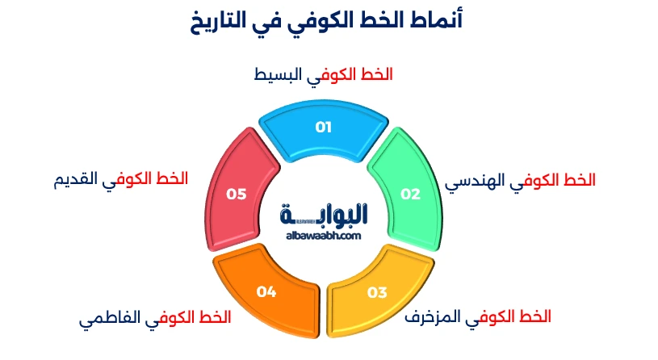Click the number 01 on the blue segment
[323, 127]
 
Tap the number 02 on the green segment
[411, 194]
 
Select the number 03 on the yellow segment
[377, 292]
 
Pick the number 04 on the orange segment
[266, 292]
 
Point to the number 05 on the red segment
[236, 194]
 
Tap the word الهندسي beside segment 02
[474, 182]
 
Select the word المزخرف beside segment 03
[434, 316]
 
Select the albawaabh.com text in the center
[323, 236]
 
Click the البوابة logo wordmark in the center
[325, 216]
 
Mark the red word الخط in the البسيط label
[379, 75]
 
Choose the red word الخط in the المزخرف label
[537, 315]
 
